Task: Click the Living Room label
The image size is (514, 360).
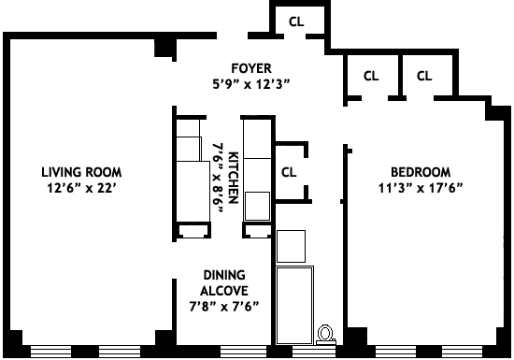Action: (x=81, y=172)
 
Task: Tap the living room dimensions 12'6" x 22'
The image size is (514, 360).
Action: (x=81, y=188)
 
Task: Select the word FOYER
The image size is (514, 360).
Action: (x=251, y=68)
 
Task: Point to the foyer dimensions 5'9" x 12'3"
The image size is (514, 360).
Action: (x=251, y=84)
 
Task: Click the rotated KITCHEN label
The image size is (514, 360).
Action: (x=233, y=178)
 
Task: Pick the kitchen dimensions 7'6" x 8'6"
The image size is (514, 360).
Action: (x=218, y=178)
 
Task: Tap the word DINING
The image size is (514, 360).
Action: (x=224, y=275)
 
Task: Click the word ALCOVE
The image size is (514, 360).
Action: (x=224, y=291)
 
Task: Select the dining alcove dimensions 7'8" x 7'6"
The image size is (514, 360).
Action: (x=224, y=307)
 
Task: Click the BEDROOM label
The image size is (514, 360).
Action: (x=421, y=172)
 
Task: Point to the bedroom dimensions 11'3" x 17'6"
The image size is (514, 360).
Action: (x=421, y=188)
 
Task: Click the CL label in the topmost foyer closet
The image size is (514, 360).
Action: (x=296, y=22)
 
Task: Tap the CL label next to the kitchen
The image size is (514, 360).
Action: (x=289, y=172)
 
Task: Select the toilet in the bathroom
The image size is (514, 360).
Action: (x=325, y=335)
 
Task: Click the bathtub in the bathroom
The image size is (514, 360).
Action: (x=294, y=305)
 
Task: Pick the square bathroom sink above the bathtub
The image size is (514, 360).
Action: (x=291, y=246)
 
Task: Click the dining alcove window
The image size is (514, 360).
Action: (x=244, y=352)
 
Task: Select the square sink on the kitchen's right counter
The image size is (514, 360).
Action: (x=258, y=207)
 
